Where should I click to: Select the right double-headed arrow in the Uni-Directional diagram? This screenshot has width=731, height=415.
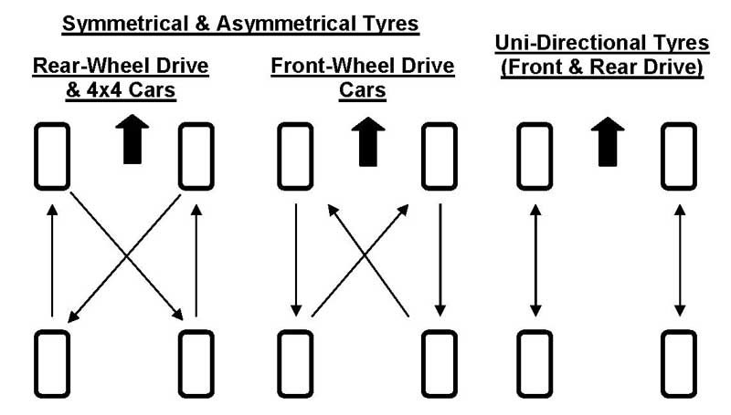point(679,260)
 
